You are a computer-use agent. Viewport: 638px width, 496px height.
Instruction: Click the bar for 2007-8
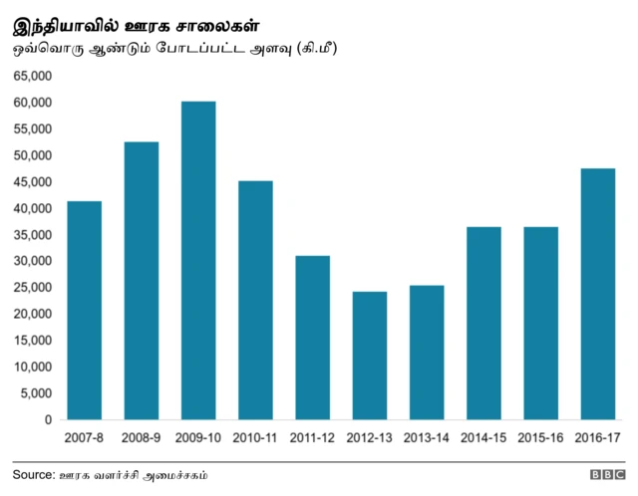tap(84, 310)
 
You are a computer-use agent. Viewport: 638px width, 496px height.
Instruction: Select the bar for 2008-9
tap(141, 280)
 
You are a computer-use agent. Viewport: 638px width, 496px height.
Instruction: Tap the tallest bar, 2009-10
tap(197, 260)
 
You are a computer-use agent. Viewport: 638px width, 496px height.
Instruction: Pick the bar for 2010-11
tap(255, 300)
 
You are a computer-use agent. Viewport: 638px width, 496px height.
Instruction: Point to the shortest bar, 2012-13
tap(369, 355)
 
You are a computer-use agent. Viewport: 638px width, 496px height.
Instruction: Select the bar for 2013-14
tap(426, 352)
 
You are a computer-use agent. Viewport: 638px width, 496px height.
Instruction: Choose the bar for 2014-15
tap(483, 323)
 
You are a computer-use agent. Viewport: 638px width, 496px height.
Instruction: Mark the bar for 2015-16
tap(540, 323)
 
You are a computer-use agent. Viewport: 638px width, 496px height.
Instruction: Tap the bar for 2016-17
tap(597, 294)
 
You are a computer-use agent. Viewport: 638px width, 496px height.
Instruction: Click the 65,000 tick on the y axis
tap(32, 77)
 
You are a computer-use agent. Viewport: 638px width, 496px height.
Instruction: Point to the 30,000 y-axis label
tap(32, 261)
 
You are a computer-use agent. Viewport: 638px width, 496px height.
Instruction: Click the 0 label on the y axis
tap(48, 420)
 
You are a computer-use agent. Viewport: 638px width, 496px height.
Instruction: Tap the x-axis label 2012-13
tap(369, 438)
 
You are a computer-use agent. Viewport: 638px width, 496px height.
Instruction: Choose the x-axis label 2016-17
tap(597, 438)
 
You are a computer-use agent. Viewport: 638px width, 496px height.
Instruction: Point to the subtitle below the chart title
tap(174, 47)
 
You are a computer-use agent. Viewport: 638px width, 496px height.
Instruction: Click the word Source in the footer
tap(33, 475)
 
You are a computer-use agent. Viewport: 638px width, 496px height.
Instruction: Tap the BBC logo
tap(606, 476)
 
